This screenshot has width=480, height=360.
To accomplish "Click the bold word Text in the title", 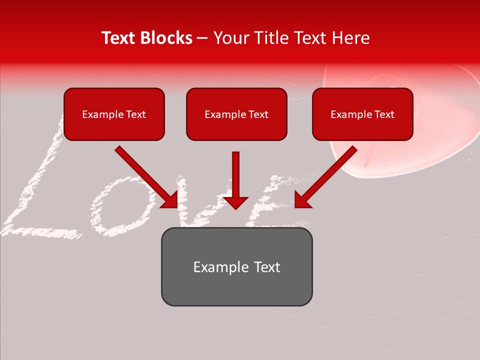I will [x=119, y=38].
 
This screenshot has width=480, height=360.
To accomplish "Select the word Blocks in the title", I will [x=167, y=38].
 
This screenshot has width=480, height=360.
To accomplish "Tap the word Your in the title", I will [x=231, y=38].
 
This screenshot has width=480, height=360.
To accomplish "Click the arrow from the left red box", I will [x=145, y=176].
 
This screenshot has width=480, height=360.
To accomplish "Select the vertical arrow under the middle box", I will [x=235, y=175].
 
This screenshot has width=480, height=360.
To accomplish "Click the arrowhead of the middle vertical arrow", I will [x=235, y=202].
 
